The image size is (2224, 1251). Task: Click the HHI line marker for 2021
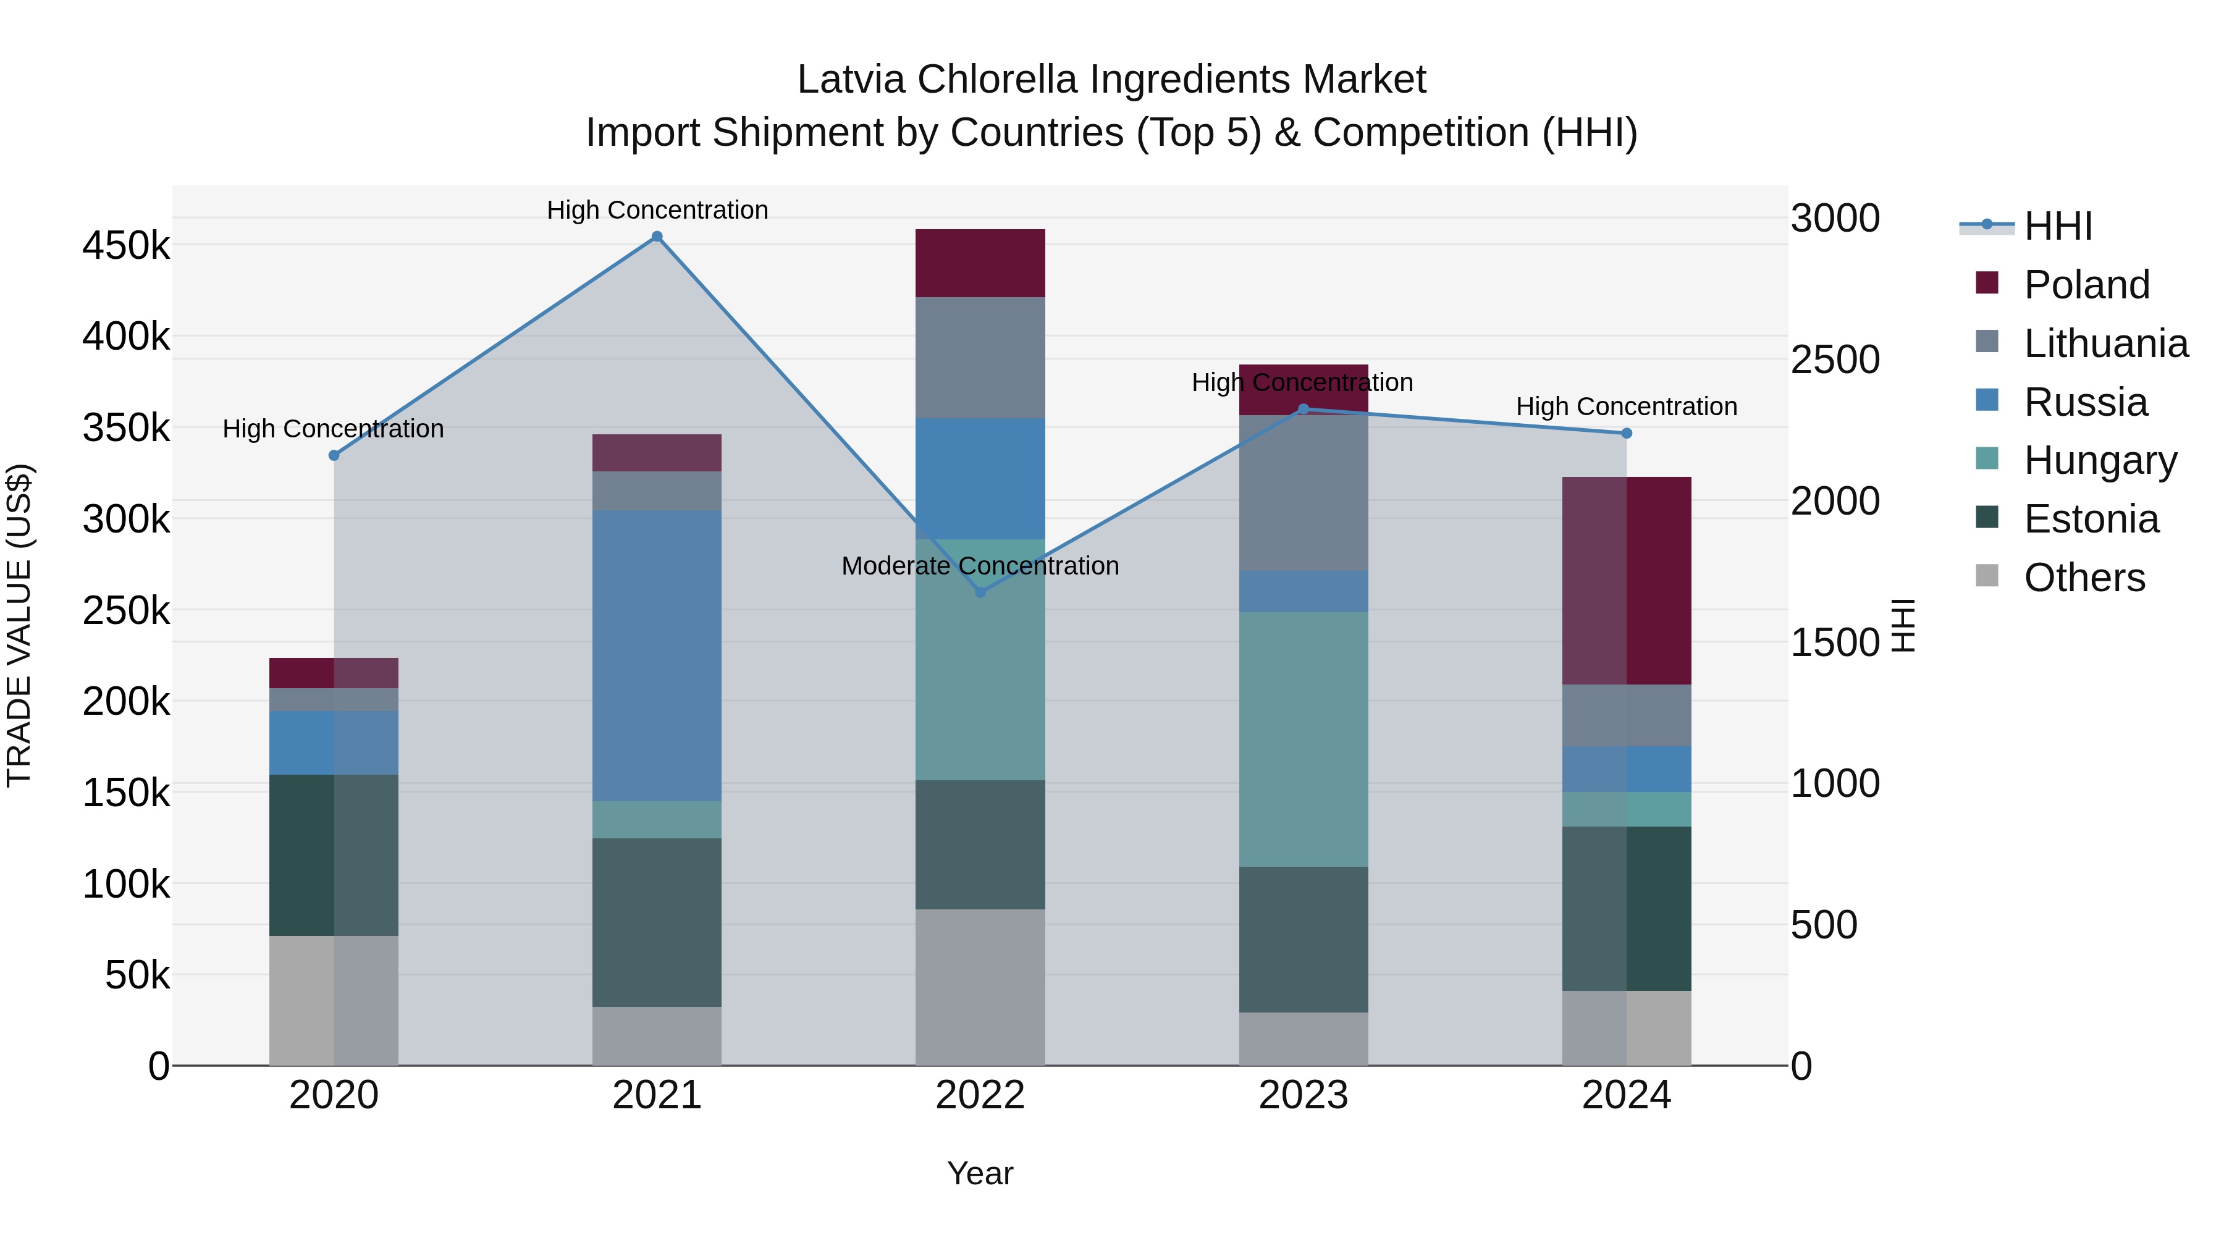click(657, 237)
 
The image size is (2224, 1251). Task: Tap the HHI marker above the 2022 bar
click(980, 592)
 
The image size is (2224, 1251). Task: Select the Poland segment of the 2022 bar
click(980, 263)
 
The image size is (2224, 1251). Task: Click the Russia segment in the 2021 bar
click(657, 655)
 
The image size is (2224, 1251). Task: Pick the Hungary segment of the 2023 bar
click(1304, 739)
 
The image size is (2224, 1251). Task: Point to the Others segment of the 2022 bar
click(980, 987)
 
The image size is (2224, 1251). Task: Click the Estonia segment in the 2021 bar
click(657, 922)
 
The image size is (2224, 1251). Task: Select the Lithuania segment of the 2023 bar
click(1304, 493)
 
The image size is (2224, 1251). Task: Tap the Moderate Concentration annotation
click(980, 567)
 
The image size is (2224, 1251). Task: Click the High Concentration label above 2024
click(1627, 406)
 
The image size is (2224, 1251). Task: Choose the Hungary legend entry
click(2100, 460)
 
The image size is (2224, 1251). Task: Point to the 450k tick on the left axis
click(126, 246)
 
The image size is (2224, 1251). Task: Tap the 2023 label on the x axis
click(1304, 1095)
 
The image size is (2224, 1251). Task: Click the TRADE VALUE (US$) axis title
click(19, 625)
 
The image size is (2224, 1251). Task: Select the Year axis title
click(980, 1173)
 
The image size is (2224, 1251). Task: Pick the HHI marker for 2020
click(334, 455)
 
